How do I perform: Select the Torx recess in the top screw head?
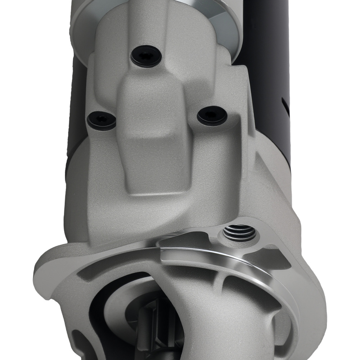click(145, 55)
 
